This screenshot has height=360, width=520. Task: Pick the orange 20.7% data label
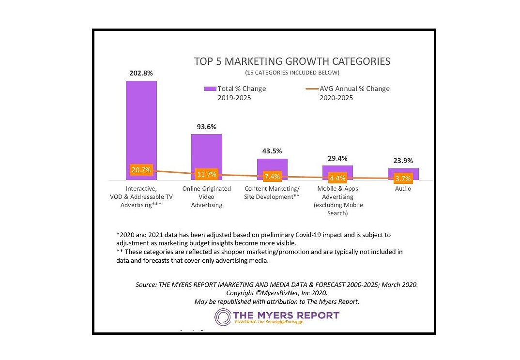(x=141, y=170)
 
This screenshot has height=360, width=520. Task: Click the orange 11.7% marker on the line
(x=206, y=174)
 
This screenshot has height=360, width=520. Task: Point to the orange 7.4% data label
(x=272, y=176)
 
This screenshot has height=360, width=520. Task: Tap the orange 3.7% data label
(x=403, y=178)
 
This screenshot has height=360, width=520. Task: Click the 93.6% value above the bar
(x=206, y=127)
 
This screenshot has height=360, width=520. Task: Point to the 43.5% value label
(x=272, y=151)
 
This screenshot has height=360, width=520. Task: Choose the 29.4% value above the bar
(x=337, y=158)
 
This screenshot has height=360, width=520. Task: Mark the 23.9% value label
(x=403, y=161)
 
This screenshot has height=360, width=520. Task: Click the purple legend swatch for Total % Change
(x=210, y=89)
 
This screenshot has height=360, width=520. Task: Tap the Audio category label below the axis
(x=403, y=189)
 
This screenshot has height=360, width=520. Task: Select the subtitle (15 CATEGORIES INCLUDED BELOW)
(x=292, y=73)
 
